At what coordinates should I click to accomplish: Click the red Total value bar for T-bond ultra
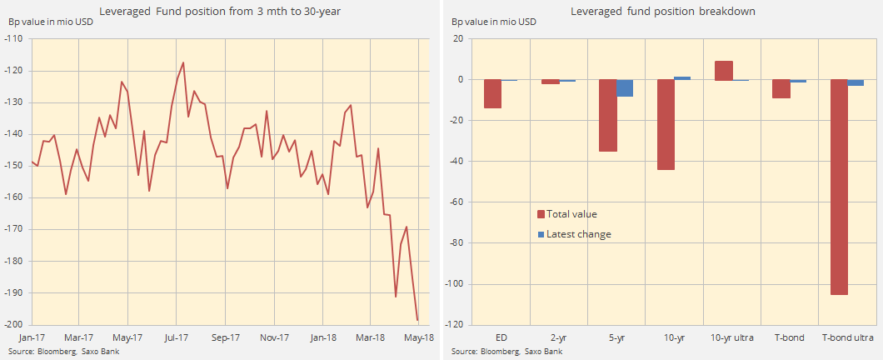click(x=839, y=187)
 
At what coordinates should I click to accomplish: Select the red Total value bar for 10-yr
click(x=666, y=124)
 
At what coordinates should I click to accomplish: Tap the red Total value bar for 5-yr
click(x=608, y=115)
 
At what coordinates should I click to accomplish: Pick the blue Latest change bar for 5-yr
click(x=625, y=87)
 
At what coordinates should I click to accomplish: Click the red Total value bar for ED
click(x=492, y=93)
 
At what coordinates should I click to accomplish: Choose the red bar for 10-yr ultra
click(x=724, y=71)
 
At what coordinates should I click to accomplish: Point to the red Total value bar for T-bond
click(x=781, y=88)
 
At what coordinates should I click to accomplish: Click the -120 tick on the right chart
click(x=459, y=325)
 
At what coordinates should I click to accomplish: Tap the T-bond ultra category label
click(x=847, y=337)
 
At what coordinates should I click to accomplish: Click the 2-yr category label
click(x=550, y=337)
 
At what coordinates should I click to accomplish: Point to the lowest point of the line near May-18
click(x=417, y=320)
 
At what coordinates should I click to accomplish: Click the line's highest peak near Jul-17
click(x=183, y=62)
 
